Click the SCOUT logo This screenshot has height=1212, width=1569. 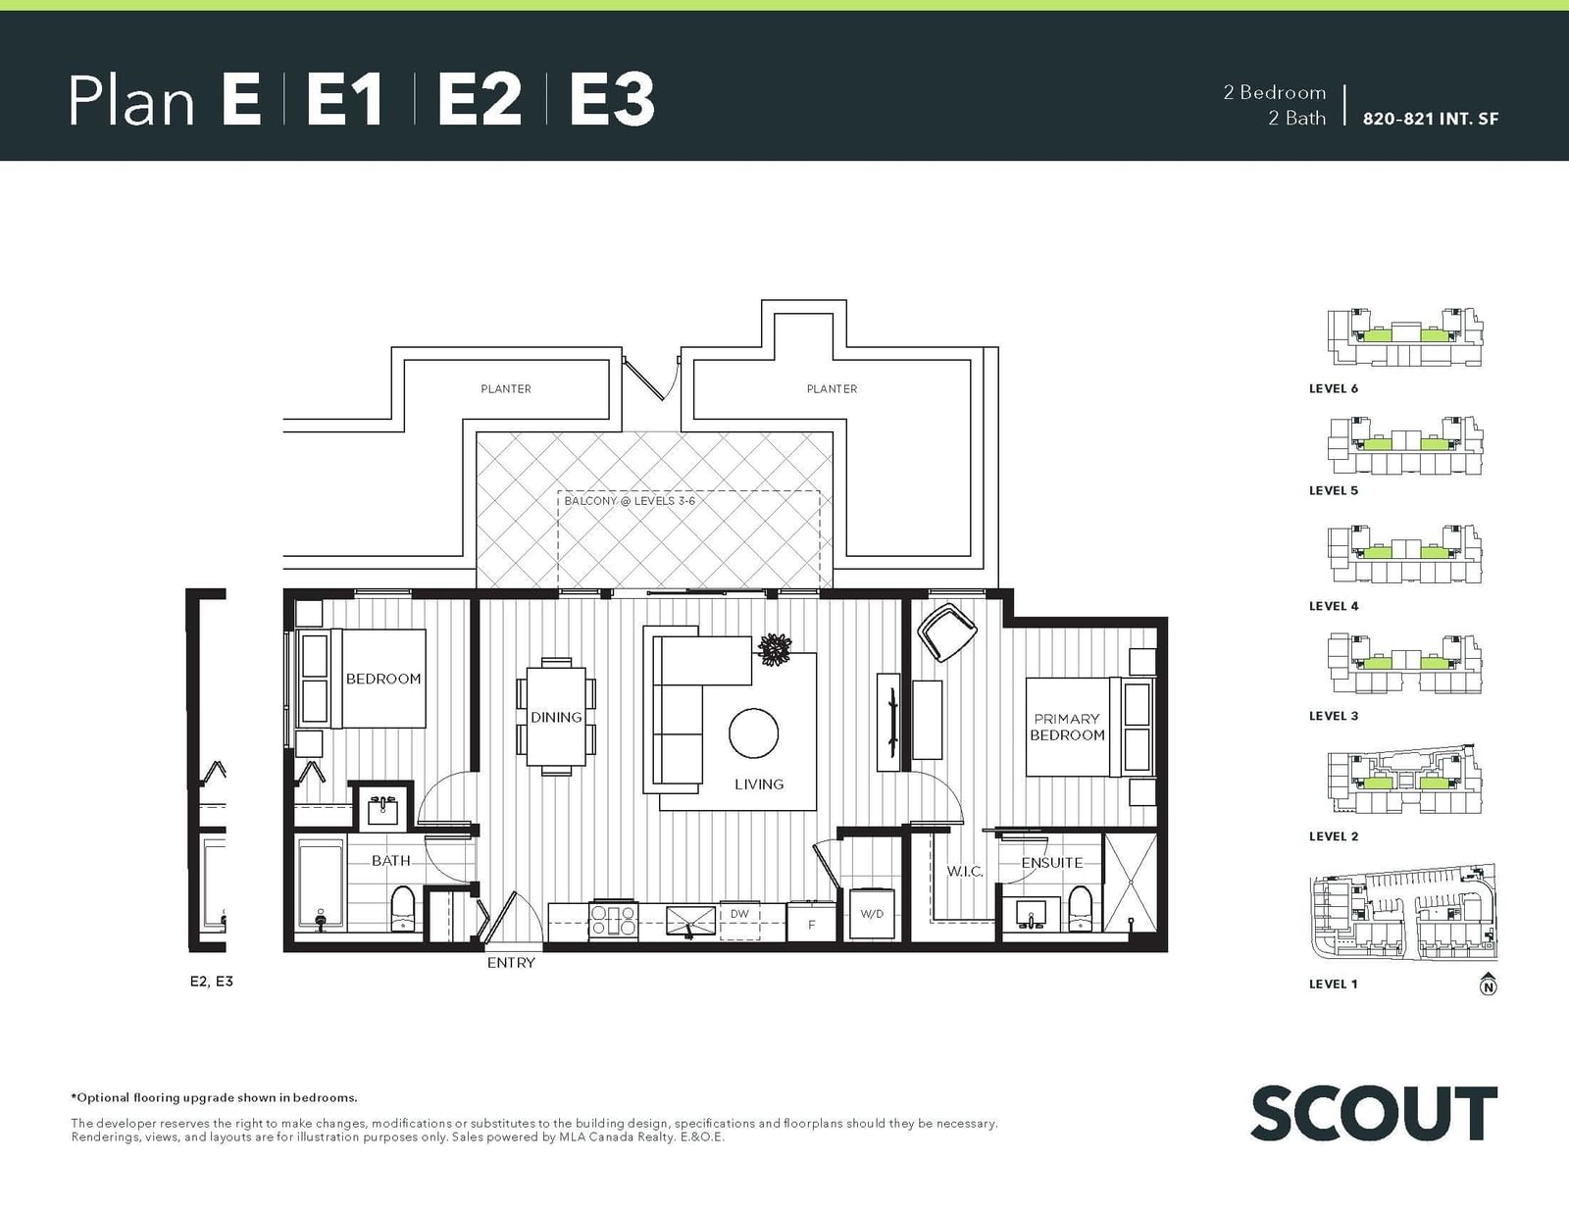click(x=1374, y=1114)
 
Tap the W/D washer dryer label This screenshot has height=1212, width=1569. click(x=872, y=914)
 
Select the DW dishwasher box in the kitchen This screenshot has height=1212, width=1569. click(x=739, y=920)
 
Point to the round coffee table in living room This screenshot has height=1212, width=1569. click(x=754, y=733)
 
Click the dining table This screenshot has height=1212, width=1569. click(x=556, y=716)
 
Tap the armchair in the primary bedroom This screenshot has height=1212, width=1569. click(x=946, y=631)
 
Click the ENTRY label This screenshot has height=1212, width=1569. click(x=511, y=962)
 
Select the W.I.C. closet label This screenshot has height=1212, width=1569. click(x=965, y=872)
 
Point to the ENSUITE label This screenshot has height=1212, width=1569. click(x=1052, y=863)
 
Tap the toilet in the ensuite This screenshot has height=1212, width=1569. click(x=1081, y=909)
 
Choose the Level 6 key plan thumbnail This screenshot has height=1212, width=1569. click(x=1405, y=338)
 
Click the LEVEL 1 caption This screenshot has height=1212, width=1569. click(x=1333, y=984)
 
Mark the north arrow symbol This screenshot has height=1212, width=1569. click(x=1489, y=984)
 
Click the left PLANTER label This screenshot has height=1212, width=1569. click(x=506, y=389)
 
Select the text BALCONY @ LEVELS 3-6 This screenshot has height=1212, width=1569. click(x=630, y=500)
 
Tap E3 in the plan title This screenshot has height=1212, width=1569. click(x=612, y=100)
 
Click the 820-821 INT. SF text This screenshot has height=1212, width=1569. click(x=1431, y=119)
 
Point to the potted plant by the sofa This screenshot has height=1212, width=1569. click(x=775, y=650)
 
